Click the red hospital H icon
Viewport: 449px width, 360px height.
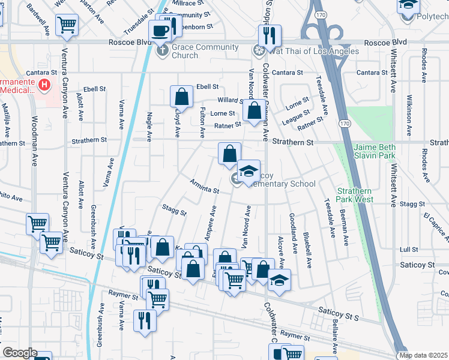[44, 86]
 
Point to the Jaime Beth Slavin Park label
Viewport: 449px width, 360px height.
[374, 151]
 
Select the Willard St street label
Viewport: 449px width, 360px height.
[229, 100]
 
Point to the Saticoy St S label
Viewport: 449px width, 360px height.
[338, 311]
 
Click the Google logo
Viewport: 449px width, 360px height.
[20, 353]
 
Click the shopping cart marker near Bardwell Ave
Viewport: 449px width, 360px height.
[67, 25]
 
